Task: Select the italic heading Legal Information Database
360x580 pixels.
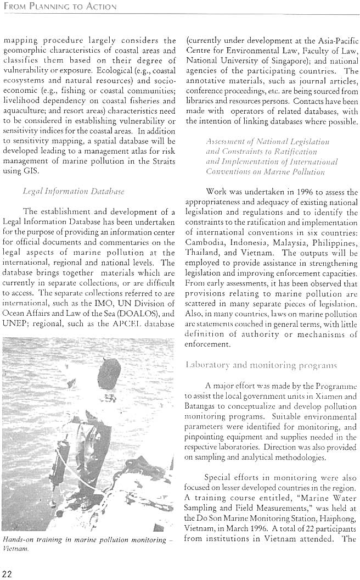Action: pos(66,192)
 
